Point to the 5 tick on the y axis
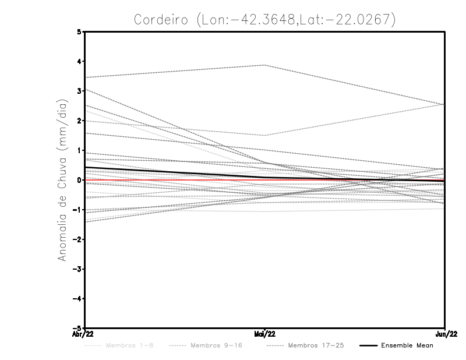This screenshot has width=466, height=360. pos(79,31)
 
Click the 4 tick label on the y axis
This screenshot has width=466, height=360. pos(79,61)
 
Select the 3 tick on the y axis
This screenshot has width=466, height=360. pos(79,91)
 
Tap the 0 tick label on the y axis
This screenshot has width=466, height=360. pos(79,180)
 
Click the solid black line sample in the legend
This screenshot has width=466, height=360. pos(368,345)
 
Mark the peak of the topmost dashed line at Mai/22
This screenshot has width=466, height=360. pos(265,65)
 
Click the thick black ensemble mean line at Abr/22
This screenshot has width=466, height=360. pos(86,168)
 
